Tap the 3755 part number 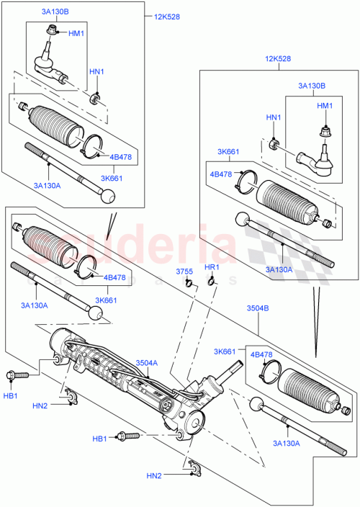tap(186, 271)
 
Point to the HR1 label tap(211, 268)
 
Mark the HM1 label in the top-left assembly tap(76, 34)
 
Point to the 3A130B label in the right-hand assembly tap(312, 86)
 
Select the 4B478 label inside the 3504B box tap(261, 354)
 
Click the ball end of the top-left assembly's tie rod tap(108, 197)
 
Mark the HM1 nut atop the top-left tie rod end tap(53, 30)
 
